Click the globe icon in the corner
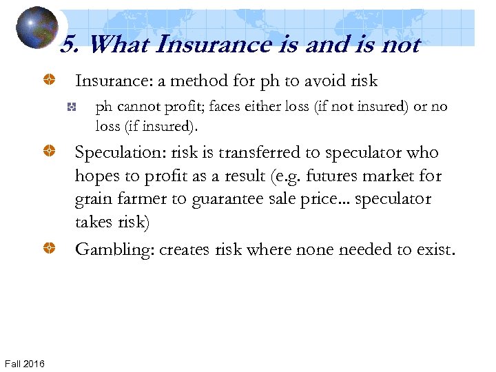36,28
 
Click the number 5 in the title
68,45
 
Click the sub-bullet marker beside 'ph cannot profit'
71,107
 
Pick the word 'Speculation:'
118,152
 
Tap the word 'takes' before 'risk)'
96,223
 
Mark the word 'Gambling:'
114,249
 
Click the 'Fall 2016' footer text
25,363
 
